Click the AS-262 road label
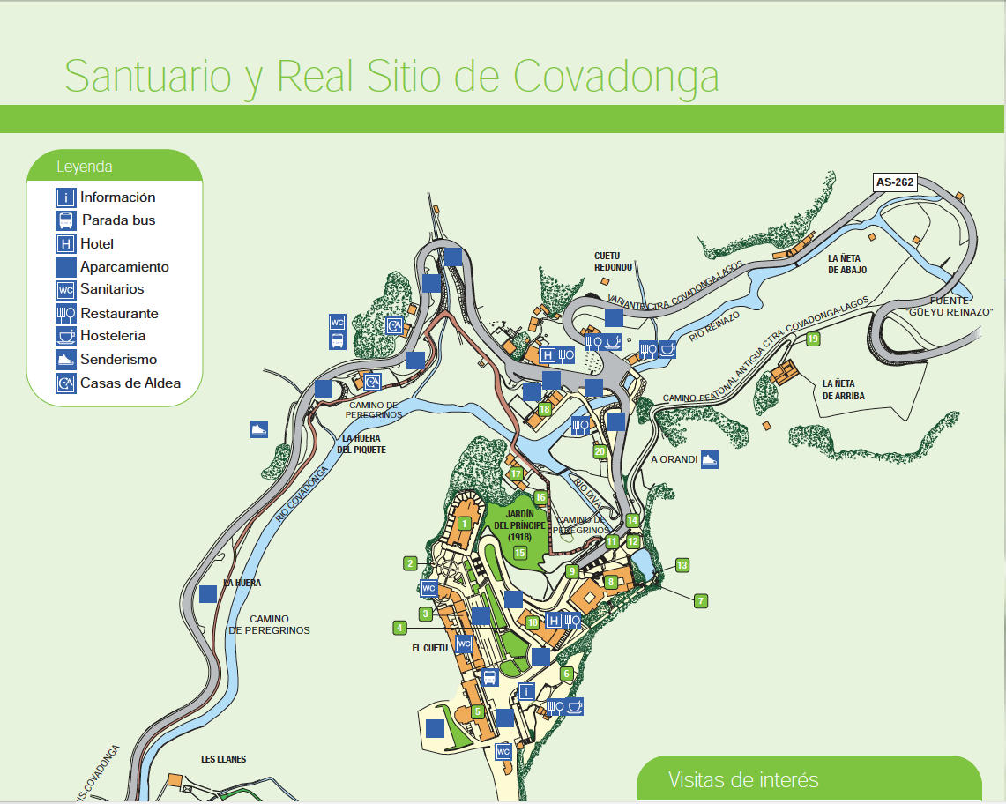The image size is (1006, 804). pos(895,182)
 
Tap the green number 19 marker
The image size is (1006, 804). pos(813,339)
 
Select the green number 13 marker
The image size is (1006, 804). pos(682,564)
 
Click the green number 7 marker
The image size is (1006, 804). pos(701,601)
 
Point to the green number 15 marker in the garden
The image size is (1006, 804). pos(520,553)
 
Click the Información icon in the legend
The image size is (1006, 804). pos(65,197)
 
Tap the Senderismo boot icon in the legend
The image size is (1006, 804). pos(65,360)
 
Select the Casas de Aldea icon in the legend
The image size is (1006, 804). pos(65,383)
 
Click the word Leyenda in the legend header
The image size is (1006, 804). pos(85,167)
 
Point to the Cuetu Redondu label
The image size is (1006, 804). pos(613,261)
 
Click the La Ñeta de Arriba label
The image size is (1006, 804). pos(843,390)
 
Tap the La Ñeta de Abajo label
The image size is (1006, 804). pos(847,264)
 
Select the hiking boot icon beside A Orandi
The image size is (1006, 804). pos(711,459)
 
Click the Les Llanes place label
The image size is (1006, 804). pos(223,759)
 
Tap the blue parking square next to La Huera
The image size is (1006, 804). pos(208,594)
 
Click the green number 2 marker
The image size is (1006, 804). pos(410,562)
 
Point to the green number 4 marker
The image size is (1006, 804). pos(400,628)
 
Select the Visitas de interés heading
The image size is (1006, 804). pos(743,780)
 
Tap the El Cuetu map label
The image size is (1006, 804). pos(430,648)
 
